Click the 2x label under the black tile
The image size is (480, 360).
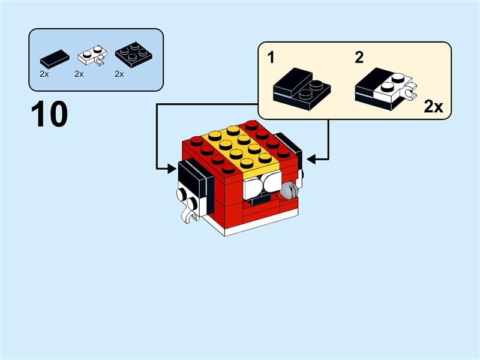[x=44, y=74]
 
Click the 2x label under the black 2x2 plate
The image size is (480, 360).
[x=119, y=74]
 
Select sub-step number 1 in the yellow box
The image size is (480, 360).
[x=271, y=58]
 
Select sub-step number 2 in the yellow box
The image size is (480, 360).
[x=359, y=58]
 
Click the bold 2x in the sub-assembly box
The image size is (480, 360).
[x=433, y=107]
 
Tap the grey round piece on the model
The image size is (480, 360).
[x=288, y=191]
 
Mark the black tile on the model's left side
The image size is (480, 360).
[x=193, y=179]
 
